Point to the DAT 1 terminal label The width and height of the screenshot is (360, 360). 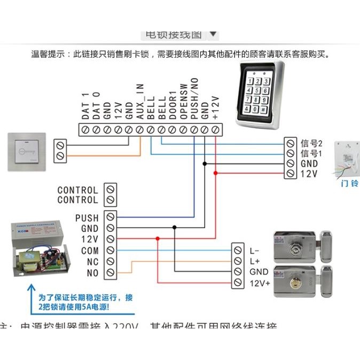pyautogui.click(x=84, y=106)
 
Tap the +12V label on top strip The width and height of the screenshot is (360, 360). pyautogui.click(x=215, y=107)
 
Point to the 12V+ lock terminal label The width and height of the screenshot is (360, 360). pyautogui.click(x=259, y=283)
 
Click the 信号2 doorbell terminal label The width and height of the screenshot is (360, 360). pyautogui.click(x=312, y=143)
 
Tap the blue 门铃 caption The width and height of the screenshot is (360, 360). pyautogui.click(x=349, y=184)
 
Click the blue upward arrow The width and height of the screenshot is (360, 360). pyautogui.click(x=28, y=302)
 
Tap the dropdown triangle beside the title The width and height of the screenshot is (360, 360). pyautogui.click(x=213, y=35)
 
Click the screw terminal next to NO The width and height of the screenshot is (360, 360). pyautogui.click(x=110, y=273)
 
